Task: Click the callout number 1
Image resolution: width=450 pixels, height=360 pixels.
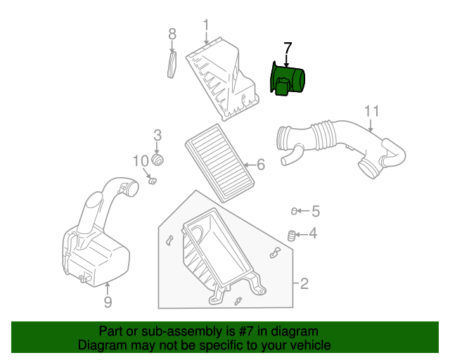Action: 206,27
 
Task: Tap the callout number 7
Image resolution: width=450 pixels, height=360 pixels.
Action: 287,48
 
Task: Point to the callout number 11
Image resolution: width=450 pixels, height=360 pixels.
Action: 372,111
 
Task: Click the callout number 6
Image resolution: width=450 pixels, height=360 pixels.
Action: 260,165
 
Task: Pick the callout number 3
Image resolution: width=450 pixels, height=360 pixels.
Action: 157,134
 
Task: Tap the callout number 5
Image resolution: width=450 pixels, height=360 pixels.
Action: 316,210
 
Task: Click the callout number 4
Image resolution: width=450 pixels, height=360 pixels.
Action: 313,234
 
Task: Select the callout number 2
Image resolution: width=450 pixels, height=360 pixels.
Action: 304,284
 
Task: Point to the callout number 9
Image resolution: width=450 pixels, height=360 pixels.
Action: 108,302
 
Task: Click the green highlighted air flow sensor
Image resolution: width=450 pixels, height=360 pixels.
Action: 288,79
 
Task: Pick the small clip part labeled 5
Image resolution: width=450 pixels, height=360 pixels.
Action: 296,210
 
